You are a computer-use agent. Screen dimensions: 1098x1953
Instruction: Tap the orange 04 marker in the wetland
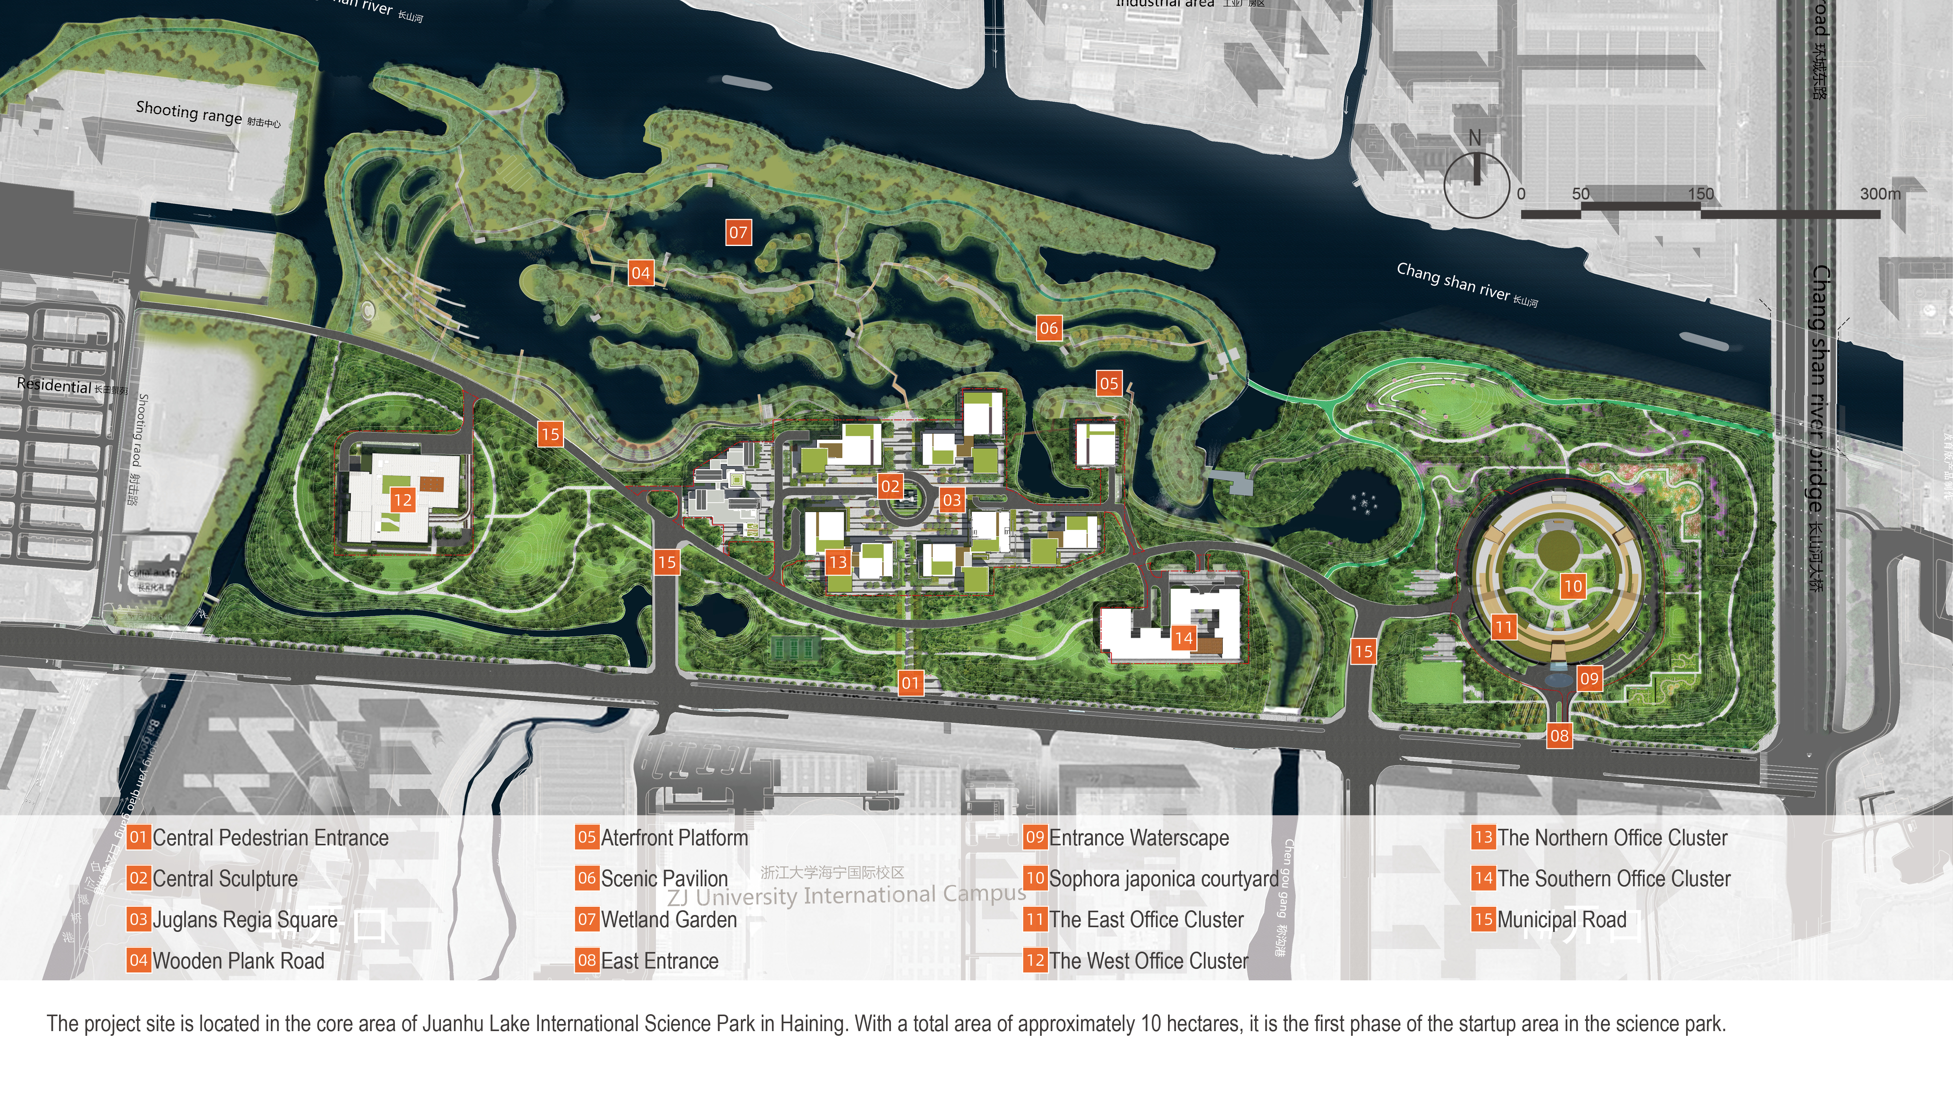(641, 273)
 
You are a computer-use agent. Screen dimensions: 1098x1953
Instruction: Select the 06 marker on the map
(1048, 328)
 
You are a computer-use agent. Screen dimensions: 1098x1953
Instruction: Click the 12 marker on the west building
(403, 500)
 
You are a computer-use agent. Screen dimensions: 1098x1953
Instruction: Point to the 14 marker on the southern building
(1183, 638)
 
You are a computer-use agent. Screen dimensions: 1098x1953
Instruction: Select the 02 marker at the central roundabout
(890, 486)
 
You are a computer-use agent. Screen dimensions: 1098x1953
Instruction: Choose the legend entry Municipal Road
(1562, 920)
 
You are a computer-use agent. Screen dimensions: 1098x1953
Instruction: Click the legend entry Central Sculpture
(225, 879)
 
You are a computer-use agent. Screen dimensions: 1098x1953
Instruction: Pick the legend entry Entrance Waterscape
(1139, 838)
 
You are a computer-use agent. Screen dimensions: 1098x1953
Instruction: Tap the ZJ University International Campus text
(846, 896)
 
